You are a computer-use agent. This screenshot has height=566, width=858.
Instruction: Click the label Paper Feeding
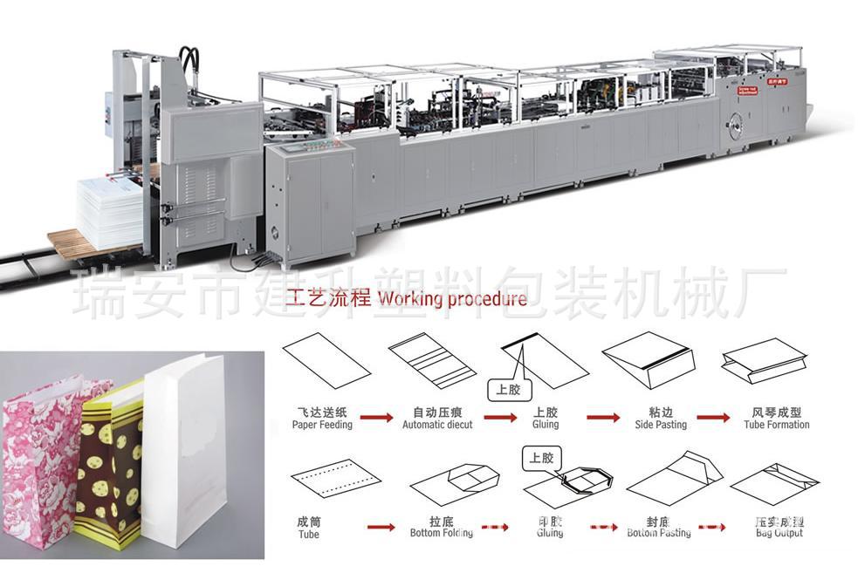[x=322, y=425]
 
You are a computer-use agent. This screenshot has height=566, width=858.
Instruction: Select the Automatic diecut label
[x=436, y=425]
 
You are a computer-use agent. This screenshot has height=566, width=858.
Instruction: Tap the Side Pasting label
[x=660, y=425]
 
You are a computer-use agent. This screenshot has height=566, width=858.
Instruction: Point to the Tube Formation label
[x=776, y=425]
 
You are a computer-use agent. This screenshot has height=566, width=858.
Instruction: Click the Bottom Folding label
[x=442, y=532]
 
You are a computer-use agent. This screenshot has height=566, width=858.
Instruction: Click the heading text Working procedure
[x=450, y=299]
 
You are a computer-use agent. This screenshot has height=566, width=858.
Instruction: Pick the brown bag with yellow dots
[x=109, y=462]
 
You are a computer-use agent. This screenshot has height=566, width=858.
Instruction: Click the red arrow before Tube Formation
[x=713, y=418]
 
